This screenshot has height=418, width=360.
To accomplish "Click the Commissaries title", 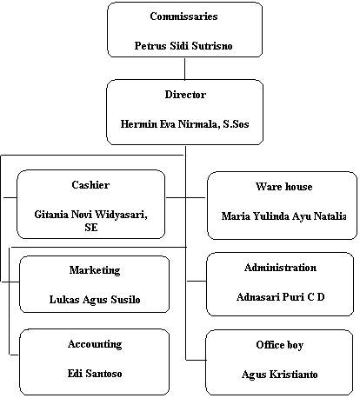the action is [x=183, y=17].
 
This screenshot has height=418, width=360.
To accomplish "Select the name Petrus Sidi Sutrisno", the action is [x=183, y=46].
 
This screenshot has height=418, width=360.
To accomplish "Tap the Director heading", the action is [x=185, y=95].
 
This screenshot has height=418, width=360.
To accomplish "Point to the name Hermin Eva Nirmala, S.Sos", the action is [x=184, y=124].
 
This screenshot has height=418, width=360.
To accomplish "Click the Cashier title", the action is [x=90, y=185].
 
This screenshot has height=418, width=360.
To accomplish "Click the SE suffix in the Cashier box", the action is [x=91, y=228].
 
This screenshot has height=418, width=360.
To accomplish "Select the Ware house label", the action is [x=284, y=187].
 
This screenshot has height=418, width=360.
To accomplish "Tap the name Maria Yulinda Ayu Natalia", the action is [x=283, y=216].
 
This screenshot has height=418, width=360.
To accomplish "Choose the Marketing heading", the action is [x=95, y=270].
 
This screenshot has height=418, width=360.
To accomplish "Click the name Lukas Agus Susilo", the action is [x=95, y=300].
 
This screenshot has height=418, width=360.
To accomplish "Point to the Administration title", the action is [x=280, y=268].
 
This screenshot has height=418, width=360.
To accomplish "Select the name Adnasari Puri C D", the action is [x=280, y=297].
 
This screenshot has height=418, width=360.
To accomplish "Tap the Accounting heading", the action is [x=95, y=344].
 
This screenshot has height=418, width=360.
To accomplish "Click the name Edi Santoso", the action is [x=95, y=374].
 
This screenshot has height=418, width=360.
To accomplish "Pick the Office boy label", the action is [x=280, y=345].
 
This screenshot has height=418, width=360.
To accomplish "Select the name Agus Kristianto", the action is [x=279, y=375].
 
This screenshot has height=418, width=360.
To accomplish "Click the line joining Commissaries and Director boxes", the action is [x=184, y=69].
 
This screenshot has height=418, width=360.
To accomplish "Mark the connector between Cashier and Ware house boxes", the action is [x=185, y=197].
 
